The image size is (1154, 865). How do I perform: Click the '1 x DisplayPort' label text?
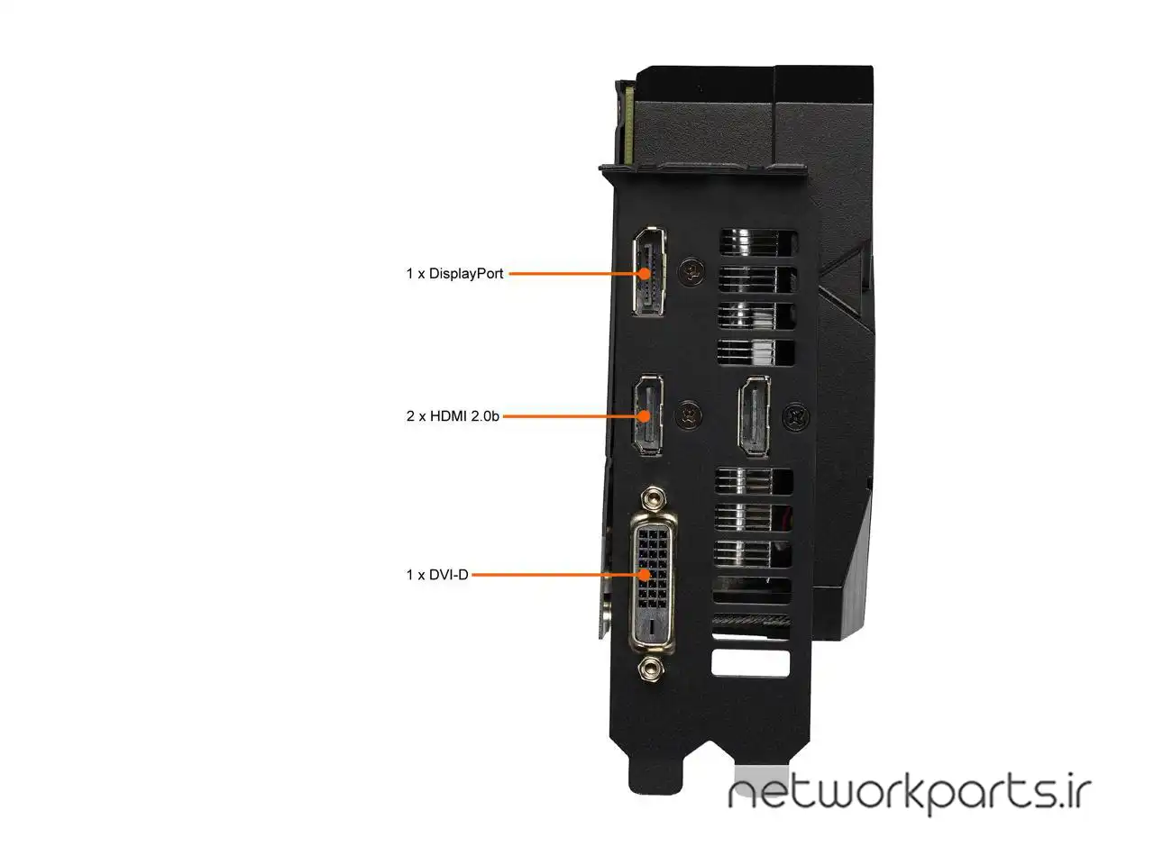click(x=454, y=274)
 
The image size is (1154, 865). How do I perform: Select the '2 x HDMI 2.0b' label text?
click(x=453, y=416)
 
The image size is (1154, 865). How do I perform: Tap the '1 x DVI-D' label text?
click(x=437, y=575)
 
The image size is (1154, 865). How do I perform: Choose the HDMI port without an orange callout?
click(x=755, y=416)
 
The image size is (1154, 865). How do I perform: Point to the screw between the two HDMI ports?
click(x=688, y=414)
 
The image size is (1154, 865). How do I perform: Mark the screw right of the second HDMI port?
click(x=796, y=417)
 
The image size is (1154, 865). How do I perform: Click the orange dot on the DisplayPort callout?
click(x=645, y=274)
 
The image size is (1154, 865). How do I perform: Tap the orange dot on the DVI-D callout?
click(x=645, y=575)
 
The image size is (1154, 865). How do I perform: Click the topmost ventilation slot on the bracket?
click(x=758, y=242)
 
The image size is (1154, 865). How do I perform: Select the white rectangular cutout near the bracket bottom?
click(x=750, y=663)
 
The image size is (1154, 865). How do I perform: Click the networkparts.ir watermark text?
click(x=910, y=796)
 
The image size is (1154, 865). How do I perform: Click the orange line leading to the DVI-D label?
click(x=555, y=575)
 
